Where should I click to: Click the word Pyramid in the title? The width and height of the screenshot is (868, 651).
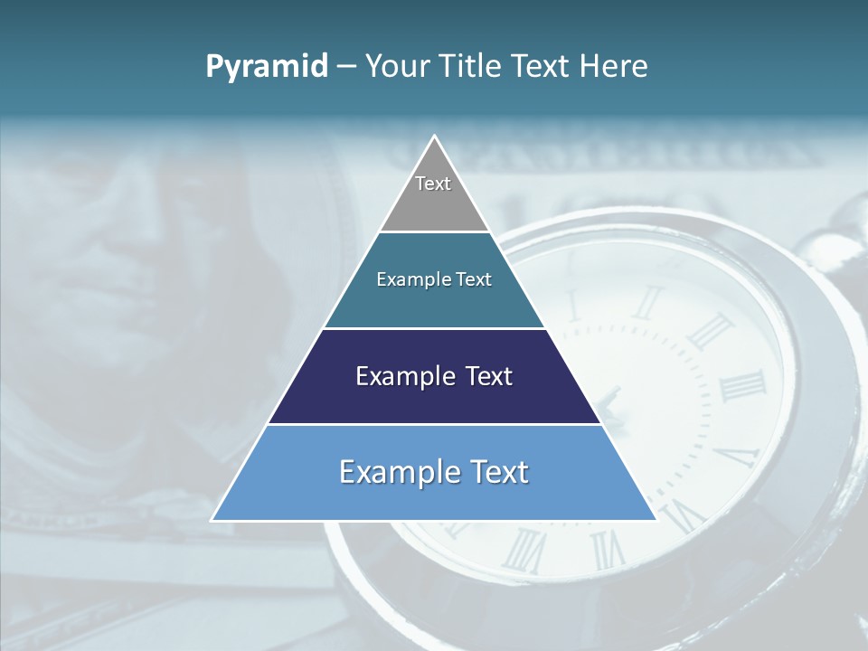[x=267, y=67]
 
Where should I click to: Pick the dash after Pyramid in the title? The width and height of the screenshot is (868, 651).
[x=346, y=67]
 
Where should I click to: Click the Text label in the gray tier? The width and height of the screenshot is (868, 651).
[x=433, y=184]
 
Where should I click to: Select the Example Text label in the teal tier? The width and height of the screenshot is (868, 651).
[x=434, y=279]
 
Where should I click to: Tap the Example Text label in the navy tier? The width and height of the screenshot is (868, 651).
[x=434, y=376]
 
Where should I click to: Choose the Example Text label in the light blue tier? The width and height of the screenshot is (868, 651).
[x=434, y=472]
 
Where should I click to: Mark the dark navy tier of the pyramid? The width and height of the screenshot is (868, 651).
[x=434, y=403]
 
